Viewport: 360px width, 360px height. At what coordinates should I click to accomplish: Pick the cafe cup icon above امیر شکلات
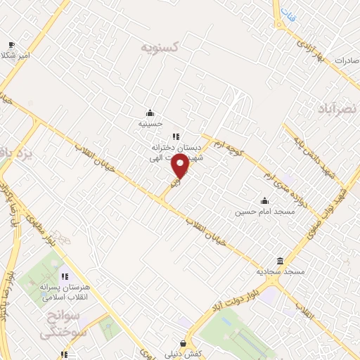tap(11, 44)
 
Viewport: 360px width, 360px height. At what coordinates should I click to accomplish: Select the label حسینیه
tap(150, 122)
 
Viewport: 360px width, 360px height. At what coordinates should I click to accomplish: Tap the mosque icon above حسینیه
tap(150, 112)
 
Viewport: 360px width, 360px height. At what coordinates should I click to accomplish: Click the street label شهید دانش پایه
tap(304, 148)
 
